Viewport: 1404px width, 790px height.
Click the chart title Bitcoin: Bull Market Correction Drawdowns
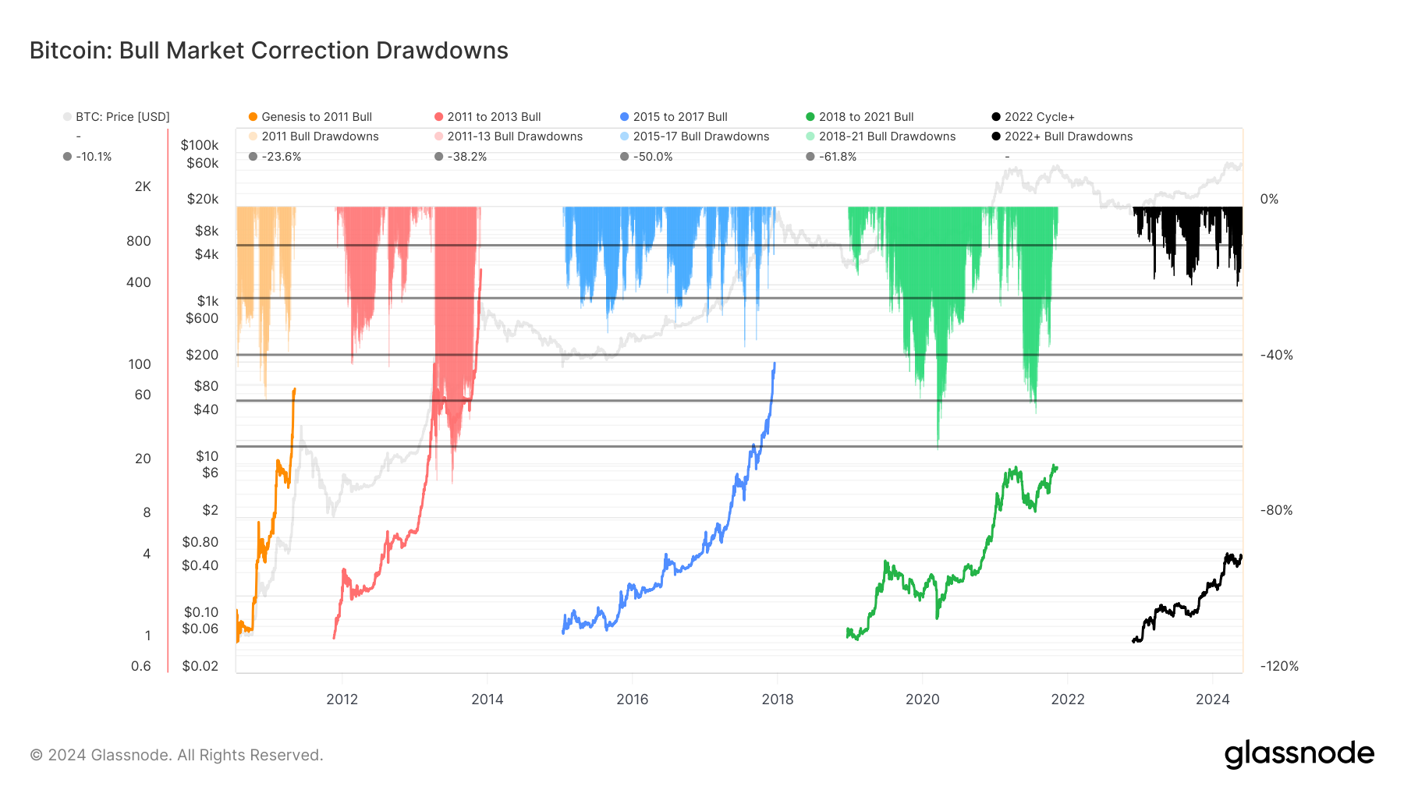[x=268, y=51]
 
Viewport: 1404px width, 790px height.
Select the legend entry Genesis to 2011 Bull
[x=316, y=117]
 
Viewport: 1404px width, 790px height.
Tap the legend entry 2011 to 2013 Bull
[x=494, y=117]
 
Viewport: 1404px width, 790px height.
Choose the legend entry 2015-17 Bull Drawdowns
[x=700, y=136]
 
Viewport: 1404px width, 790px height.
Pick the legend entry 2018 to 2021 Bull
[x=866, y=117]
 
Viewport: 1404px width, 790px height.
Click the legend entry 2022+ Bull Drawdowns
[x=1068, y=136]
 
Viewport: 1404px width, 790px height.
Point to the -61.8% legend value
[x=837, y=157]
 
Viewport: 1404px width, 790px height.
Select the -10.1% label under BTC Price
[x=94, y=157]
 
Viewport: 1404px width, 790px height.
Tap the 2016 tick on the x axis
[x=632, y=699]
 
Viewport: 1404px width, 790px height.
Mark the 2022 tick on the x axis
[x=1067, y=699]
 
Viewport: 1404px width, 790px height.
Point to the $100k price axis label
[x=200, y=145]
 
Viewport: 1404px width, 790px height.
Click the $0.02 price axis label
[x=200, y=666]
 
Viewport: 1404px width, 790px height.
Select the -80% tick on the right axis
[x=1276, y=510]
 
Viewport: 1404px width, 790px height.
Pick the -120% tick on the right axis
[x=1279, y=666]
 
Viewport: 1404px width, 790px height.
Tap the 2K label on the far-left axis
[x=143, y=186]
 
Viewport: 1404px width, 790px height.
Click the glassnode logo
[x=1299, y=754]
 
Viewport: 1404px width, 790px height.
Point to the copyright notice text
[x=176, y=755]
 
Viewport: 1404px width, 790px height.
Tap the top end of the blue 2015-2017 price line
[x=775, y=363]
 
